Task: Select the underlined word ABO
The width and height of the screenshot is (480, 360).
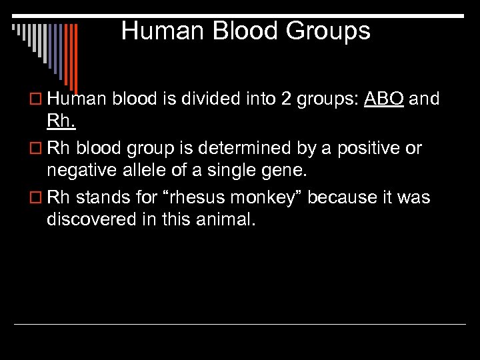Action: pyautogui.click(x=383, y=99)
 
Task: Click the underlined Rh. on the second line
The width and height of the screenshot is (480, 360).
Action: pyautogui.click(x=61, y=121)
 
